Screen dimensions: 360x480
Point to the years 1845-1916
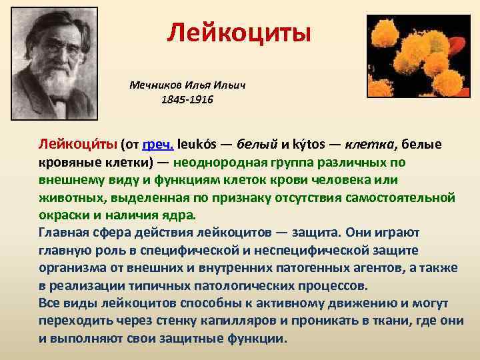187,100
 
